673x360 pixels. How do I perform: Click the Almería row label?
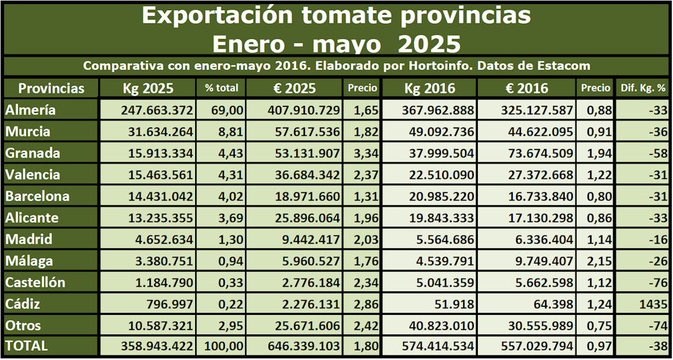(30, 110)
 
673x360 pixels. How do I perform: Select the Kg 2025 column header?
(148, 88)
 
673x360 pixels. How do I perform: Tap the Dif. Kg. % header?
(642, 88)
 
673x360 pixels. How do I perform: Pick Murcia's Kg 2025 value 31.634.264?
(156, 131)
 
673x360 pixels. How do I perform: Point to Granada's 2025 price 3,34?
(363, 153)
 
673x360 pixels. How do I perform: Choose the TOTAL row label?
(26, 346)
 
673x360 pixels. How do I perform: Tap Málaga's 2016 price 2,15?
(595, 261)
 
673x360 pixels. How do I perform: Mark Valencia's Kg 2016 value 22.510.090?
(437, 175)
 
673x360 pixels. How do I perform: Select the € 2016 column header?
(525, 88)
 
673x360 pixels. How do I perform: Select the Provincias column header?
(51, 88)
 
